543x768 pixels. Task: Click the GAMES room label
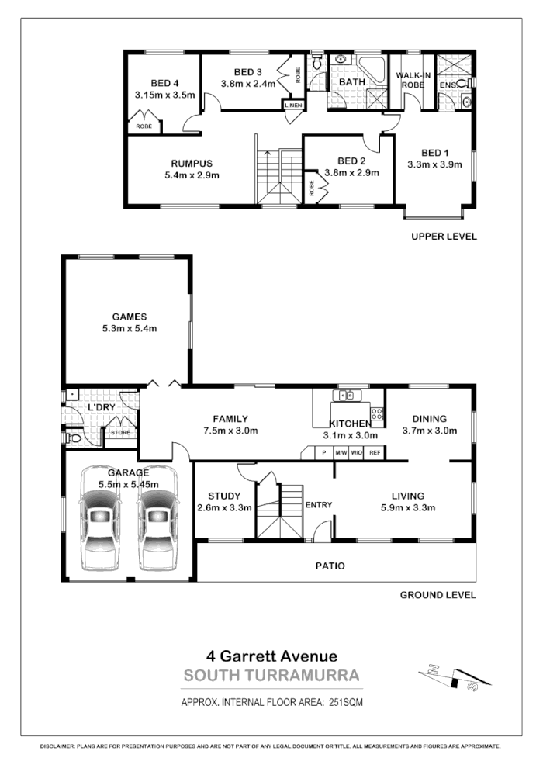(x=130, y=317)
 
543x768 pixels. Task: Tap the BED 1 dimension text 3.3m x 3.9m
(x=434, y=164)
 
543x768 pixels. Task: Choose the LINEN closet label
(x=293, y=106)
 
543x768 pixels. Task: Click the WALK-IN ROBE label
(x=412, y=80)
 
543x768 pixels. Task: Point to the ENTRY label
(x=319, y=505)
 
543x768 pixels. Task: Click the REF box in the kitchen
(x=375, y=452)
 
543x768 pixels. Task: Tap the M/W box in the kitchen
(x=340, y=452)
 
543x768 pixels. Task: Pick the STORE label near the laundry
(x=121, y=433)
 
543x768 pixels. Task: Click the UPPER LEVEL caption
(x=444, y=236)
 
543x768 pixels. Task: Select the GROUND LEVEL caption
(x=438, y=596)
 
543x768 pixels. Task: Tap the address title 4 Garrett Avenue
(x=271, y=656)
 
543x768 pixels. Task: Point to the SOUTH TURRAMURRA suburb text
(x=271, y=676)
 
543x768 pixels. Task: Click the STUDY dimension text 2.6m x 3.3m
(x=224, y=509)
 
